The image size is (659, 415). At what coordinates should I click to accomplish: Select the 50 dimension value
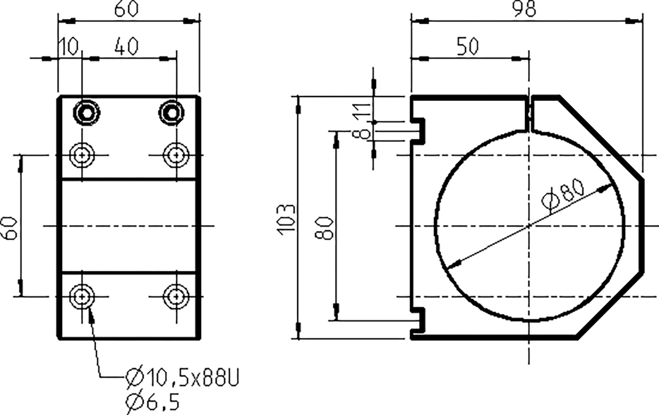(467, 47)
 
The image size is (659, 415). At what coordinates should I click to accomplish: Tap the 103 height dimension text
(288, 218)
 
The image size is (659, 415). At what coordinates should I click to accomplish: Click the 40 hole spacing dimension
(126, 47)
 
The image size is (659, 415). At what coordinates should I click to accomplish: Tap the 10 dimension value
(69, 47)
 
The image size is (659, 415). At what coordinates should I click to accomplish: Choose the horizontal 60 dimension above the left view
(126, 10)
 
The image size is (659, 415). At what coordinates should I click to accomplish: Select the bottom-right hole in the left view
(176, 296)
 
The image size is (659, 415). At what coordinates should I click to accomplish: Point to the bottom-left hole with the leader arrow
(82, 296)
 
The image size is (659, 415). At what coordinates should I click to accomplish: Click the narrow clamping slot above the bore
(529, 113)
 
